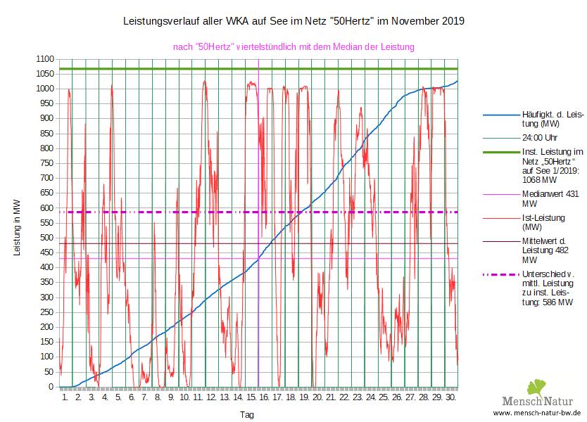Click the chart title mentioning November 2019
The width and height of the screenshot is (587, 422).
click(293, 22)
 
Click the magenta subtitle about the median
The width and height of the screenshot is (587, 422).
click(293, 47)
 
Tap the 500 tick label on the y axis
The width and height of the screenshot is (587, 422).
click(45, 238)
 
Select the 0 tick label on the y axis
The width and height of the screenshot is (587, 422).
click(51, 387)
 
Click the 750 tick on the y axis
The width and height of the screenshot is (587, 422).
click(45, 163)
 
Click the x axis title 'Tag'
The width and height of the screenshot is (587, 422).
click(247, 414)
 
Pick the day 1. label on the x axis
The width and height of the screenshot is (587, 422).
click(65, 397)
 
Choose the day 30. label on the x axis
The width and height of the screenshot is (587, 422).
click(451, 397)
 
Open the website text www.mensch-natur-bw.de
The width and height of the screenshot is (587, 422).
click(536, 413)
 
